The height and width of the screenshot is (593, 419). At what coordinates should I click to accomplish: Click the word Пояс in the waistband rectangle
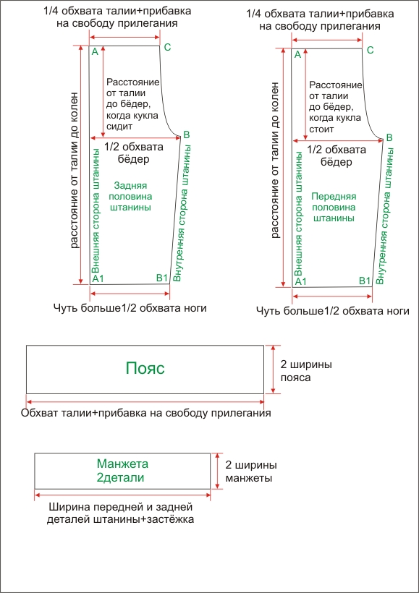pyautogui.click(x=145, y=369)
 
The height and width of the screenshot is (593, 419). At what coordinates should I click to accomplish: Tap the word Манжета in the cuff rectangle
pyautogui.click(x=122, y=464)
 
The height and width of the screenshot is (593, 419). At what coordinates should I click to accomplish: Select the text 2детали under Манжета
pyautogui.click(x=121, y=478)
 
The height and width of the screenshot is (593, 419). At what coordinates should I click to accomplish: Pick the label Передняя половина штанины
pyautogui.click(x=334, y=207)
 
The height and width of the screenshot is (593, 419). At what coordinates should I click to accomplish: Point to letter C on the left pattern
pyautogui.click(x=168, y=48)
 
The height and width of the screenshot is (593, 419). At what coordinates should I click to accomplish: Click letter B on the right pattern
pyautogui.click(x=390, y=137)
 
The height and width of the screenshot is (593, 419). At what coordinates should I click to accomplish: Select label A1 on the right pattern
pyautogui.click(x=301, y=281)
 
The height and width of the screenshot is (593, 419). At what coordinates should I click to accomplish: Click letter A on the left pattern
pyautogui.click(x=95, y=52)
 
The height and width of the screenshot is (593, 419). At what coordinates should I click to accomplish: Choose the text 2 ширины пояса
pyautogui.click(x=305, y=371)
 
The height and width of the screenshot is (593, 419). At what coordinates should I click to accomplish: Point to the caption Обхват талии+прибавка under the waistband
pyautogui.click(x=146, y=414)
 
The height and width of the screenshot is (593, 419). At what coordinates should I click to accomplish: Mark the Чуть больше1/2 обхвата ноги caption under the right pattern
pyautogui.click(x=333, y=311)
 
